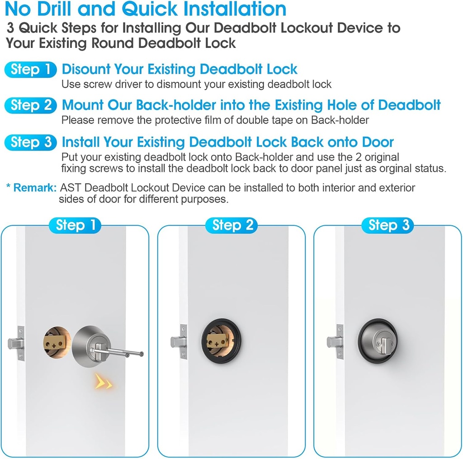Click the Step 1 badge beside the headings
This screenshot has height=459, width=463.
click(30, 70)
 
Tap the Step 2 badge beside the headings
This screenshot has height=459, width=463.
click(30, 105)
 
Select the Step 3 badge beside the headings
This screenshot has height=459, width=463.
click(30, 142)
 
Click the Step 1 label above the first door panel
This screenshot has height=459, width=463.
click(75, 225)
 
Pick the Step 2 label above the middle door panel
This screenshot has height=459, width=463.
click(231, 225)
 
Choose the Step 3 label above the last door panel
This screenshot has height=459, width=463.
click(388, 225)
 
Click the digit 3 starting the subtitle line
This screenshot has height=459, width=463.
click(11, 28)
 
